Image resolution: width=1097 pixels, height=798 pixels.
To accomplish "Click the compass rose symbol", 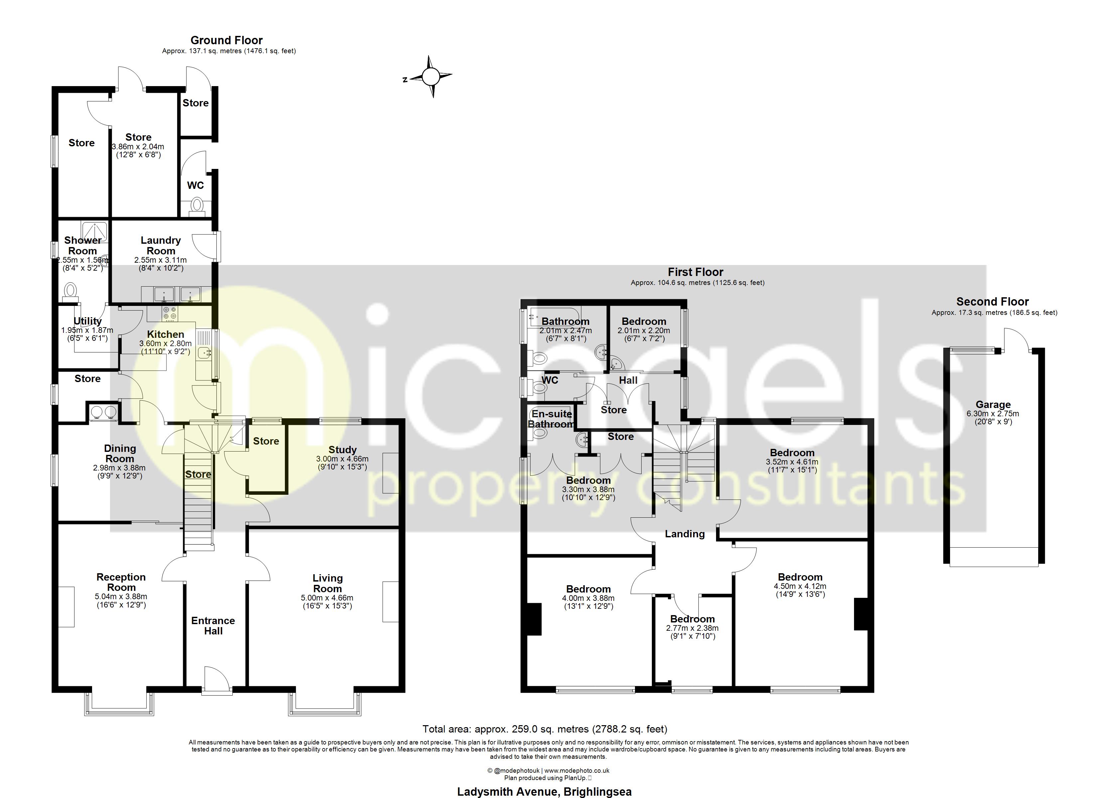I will (x=430, y=76).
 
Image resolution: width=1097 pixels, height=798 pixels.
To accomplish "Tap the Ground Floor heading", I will (x=226, y=40).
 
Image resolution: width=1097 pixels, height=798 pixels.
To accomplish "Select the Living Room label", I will (x=327, y=583).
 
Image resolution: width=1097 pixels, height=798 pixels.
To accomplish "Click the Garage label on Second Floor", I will (x=993, y=405).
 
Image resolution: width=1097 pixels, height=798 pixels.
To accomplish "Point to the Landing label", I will (x=684, y=534).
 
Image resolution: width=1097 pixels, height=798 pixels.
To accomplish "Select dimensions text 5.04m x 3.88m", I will (x=121, y=597).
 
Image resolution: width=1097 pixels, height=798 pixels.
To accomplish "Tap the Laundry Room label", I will (x=161, y=245).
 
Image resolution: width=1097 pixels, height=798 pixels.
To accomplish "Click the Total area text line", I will (x=545, y=729).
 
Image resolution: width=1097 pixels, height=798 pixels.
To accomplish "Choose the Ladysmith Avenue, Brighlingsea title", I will (x=544, y=792).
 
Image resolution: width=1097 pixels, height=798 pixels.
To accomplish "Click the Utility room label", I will (x=87, y=321).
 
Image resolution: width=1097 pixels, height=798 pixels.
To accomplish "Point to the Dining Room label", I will (x=120, y=454).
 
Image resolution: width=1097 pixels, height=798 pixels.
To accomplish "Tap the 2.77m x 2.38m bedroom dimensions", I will (x=692, y=628).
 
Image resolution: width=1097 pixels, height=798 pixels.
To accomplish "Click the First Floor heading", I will (x=695, y=272).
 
